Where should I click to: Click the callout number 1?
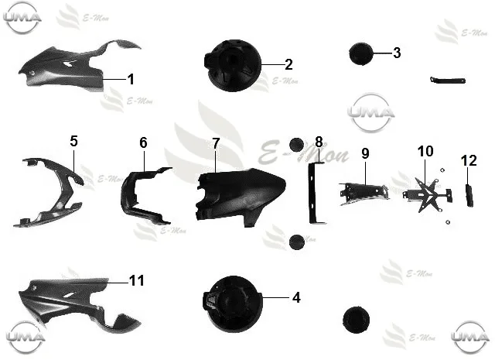tap(131, 79)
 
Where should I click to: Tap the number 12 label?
tap(469, 160)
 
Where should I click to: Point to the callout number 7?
tap(216, 143)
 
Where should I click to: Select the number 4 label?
tap(296, 297)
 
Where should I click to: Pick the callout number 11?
tap(137, 280)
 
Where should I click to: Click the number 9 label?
tap(365, 153)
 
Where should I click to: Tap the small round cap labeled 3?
tap(361, 53)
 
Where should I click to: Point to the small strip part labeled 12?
tap(469, 196)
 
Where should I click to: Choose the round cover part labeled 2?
tap(234, 66)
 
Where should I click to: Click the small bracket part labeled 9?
tap(364, 193)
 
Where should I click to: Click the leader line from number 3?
tap(382, 53)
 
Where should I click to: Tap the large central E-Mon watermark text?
tap(304, 153)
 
